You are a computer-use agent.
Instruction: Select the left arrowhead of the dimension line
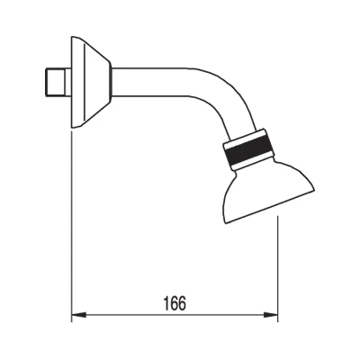tap(79, 315)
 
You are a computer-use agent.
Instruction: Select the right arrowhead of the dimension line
tap(271, 315)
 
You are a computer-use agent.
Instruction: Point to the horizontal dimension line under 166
tap(175, 315)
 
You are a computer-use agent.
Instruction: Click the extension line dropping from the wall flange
tap(72, 226)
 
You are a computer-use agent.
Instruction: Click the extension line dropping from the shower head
tap(278, 268)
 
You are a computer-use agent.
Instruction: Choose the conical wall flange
tap(91, 83)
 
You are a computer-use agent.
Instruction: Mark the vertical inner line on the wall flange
tap(85, 83)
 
